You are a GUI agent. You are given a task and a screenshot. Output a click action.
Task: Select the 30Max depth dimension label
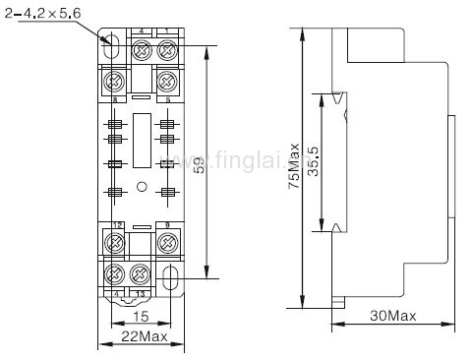tap(392, 316)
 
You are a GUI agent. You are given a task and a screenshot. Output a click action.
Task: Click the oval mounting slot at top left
tap(111, 46)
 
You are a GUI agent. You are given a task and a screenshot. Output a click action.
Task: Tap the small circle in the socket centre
tap(141, 186)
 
